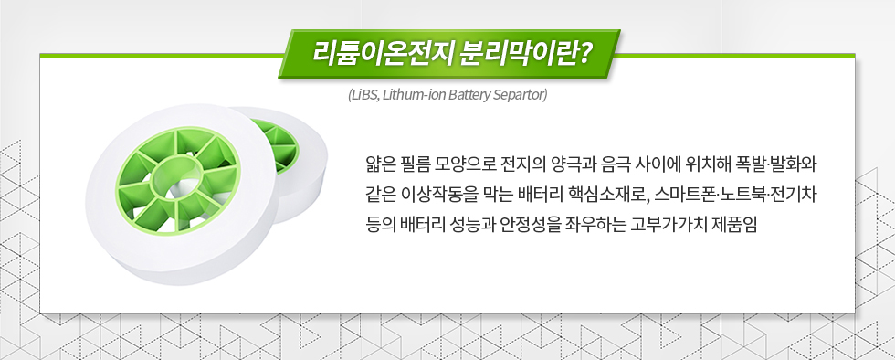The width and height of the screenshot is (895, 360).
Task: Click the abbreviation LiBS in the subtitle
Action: point(364,94)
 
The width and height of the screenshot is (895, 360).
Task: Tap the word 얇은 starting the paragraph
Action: point(376,168)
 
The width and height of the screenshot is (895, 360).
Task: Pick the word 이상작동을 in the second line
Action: point(434,195)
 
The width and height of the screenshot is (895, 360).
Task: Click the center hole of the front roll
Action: point(173,175)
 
